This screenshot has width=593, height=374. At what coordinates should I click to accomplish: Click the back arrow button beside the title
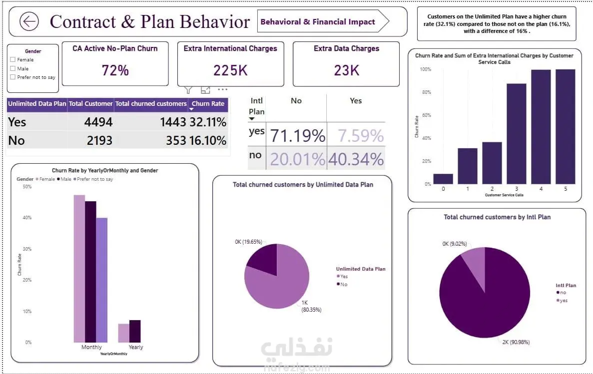[x=29, y=21]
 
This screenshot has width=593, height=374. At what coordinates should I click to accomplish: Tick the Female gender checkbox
[x=13, y=59]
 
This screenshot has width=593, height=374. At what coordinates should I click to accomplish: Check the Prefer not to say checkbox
[x=13, y=77]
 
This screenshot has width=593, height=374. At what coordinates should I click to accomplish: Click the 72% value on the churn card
[x=115, y=70]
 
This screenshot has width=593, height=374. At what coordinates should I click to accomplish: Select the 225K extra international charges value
[x=230, y=70]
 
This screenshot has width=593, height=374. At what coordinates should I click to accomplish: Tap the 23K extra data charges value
[x=346, y=70]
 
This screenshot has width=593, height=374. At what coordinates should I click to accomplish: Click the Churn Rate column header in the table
[x=208, y=104]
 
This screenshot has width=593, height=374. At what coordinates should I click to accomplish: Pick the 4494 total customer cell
[x=98, y=122]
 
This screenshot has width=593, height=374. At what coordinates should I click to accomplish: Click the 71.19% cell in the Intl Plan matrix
[x=298, y=135]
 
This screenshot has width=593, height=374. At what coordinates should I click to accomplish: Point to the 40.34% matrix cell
[x=356, y=159]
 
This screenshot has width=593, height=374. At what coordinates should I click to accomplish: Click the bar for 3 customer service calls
[x=517, y=134]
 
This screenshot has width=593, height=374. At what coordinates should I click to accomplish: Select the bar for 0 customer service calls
[x=443, y=179]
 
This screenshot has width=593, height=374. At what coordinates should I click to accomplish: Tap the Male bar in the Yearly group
[x=135, y=331]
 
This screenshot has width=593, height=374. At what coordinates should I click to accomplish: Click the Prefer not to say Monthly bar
[x=102, y=280]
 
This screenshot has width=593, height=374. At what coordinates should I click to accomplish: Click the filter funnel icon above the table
[x=188, y=90]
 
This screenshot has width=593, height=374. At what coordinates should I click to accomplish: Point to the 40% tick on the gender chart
[x=27, y=218]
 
